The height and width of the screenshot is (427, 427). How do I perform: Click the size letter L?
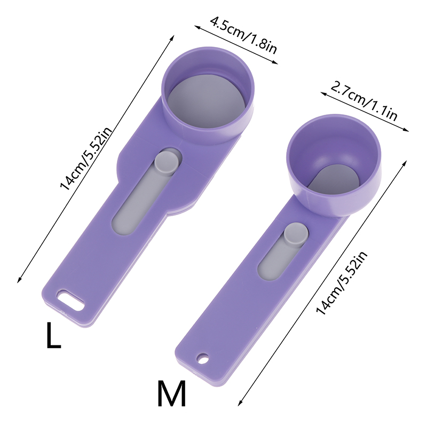click(54, 335)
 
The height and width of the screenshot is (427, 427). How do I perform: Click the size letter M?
click(171, 393)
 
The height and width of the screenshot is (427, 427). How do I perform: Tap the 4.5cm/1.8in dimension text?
click(243, 36)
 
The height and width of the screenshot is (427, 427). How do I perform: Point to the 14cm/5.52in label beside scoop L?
click(86, 159)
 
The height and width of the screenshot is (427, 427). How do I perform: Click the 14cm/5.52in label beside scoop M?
click(342, 283)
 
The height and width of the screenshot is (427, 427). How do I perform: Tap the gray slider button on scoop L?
click(167, 163)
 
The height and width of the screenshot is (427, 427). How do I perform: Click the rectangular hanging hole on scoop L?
click(70, 301)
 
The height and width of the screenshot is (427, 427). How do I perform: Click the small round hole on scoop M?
click(203, 358)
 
